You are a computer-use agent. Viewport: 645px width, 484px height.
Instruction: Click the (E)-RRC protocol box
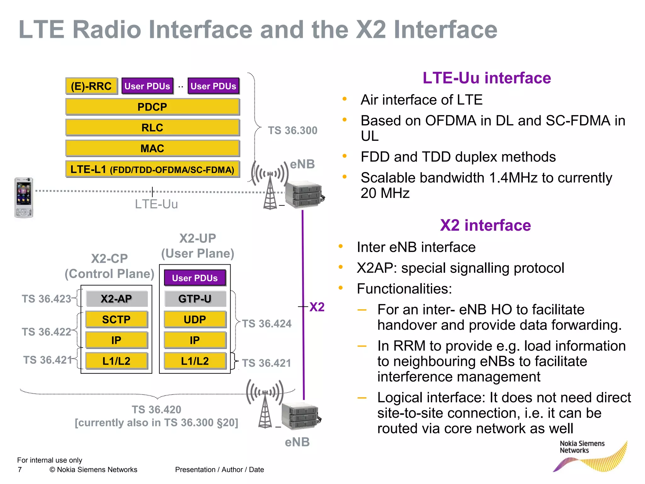(x=91, y=86)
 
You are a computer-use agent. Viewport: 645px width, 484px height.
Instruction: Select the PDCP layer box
(x=152, y=107)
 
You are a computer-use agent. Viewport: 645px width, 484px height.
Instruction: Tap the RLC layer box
(x=152, y=128)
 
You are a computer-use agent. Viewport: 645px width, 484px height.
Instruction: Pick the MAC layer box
(x=152, y=148)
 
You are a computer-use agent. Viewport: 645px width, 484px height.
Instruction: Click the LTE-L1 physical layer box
(x=152, y=170)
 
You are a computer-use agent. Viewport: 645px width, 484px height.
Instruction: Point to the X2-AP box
(x=117, y=299)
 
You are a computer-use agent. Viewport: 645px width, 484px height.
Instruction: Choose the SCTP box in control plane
(x=117, y=320)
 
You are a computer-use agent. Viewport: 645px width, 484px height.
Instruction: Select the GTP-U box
(x=195, y=299)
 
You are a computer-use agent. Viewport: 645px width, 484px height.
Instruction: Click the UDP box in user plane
(x=195, y=320)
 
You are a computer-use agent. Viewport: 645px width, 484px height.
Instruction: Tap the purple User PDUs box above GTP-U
(x=195, y=278)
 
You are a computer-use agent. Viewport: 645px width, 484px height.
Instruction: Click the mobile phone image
(x=24, y=198)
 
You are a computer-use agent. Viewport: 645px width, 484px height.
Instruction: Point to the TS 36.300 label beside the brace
(x=293, y=130)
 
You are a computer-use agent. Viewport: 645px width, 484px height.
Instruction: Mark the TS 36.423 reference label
(x=46, y=299)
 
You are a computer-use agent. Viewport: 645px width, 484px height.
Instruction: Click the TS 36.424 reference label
(x=267, y=324)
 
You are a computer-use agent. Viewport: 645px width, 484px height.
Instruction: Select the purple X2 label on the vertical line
(x=317, y=307)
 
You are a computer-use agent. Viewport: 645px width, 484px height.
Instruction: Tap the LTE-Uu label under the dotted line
(x=156, y=204)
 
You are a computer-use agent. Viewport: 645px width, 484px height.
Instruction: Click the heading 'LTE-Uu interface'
(x=487, y=78)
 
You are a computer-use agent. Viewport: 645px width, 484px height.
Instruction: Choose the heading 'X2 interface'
(x=485, y=225)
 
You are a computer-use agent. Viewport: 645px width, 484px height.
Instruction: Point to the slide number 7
(x=20, y=470)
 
